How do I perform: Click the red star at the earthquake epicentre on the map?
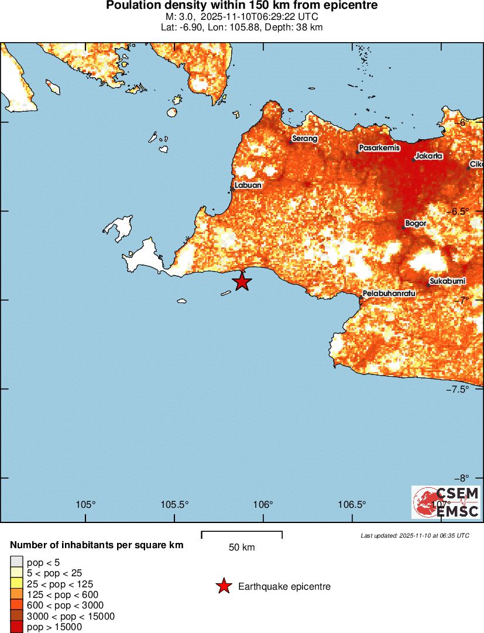[x=242, y=281]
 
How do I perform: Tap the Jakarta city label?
[x=428, y=156]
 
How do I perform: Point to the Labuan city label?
[x=248, y=185]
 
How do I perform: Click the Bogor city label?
[x=416, y=223]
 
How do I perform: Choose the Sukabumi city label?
[x=448, y=281]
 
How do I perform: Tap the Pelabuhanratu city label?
[x=389, y=293]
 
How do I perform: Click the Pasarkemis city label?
[x=379, y=148]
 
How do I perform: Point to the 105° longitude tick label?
[x=85, y=505]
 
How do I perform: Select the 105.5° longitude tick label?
[x=174, y=505]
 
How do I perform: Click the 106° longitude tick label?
[x=263, y=505]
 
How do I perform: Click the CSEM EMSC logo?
[x=446, y=503]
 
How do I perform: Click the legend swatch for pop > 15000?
[x=17, y=627]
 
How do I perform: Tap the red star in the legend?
[x=224, y=586]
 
